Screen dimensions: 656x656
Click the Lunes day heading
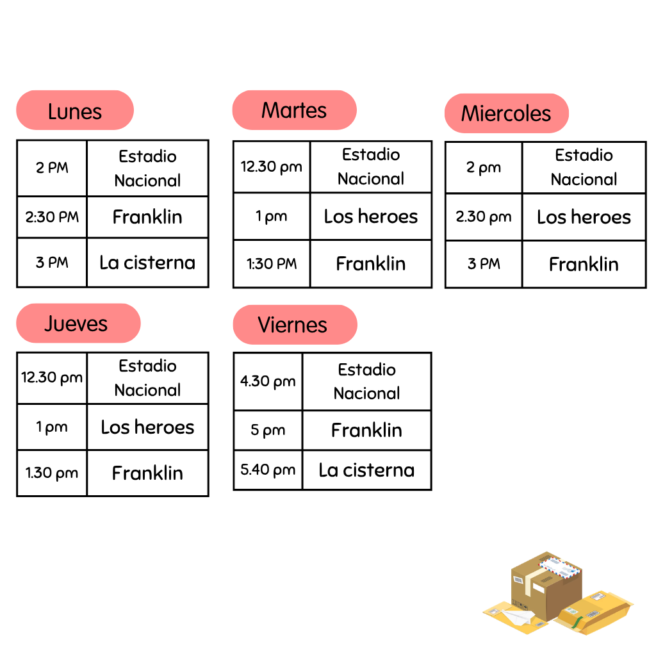coord(75,110)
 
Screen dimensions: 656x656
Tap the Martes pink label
coord(294,110)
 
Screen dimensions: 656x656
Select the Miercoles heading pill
coord(506,113)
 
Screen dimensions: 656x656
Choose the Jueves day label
coord(78,323)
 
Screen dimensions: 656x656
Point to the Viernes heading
coord(295,325)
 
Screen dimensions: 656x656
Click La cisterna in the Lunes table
coord(147,263)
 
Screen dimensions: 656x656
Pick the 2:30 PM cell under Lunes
coord(52,217)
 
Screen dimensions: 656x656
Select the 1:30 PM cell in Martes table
coord(272,263)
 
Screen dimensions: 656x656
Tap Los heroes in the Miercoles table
coord(584,217)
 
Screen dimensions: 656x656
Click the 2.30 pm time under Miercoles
coord(484,217)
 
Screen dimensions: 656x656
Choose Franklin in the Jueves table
coord(147,473)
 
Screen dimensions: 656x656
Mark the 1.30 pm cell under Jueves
coord(52,473)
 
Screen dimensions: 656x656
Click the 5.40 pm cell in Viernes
coord(268,470)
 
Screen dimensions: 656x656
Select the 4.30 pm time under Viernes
coord(268,381)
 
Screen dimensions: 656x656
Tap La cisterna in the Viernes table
coord(366,470)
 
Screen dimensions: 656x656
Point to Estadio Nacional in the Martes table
coord(371,167)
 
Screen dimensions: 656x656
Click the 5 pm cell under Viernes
coord(268,430)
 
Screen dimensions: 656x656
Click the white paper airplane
coord(517,617)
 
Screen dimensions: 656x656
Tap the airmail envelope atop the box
coord(561,567)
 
